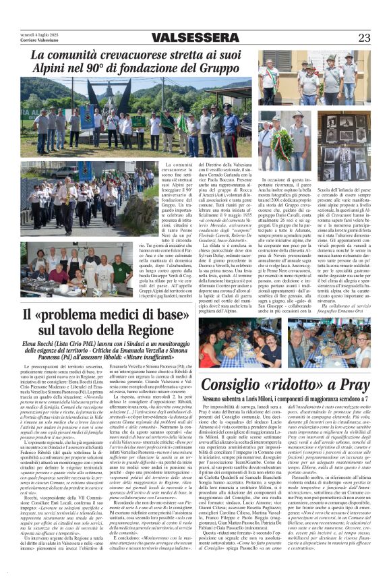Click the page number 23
point(364,38)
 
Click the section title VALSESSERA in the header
point(195,38)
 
